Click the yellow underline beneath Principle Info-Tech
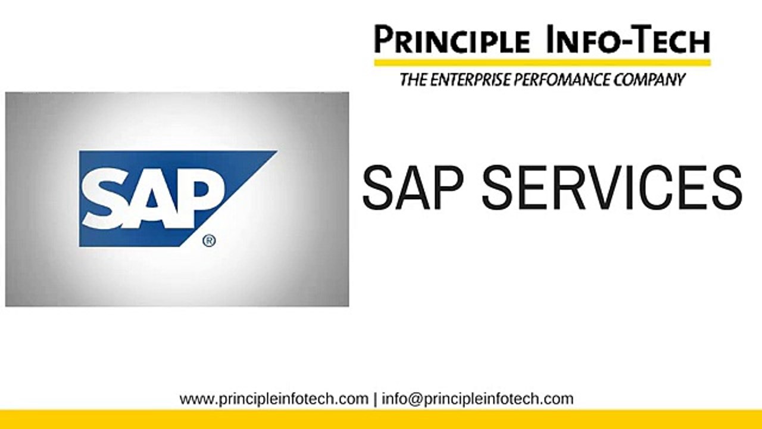[x=542, y=62]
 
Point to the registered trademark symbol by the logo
[x=209, y=241]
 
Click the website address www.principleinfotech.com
[x=274, y=399]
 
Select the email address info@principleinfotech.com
[x=477, y=399]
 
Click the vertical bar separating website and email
[x=375, y=399]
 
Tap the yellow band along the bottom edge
[x=381, y=419]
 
